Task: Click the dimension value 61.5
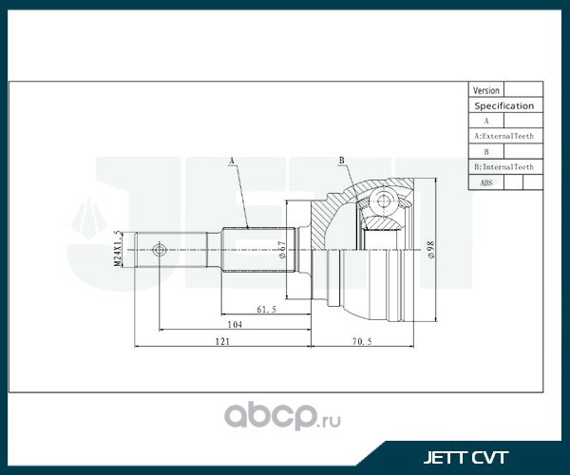point(266,309)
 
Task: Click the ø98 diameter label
point(431,251)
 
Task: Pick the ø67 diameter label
point(283,250)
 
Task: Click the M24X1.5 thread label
point(119,250)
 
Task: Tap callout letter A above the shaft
point(231,162)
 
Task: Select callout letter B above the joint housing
point(340,162)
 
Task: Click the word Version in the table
point(486,90)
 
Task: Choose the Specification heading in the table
point(504,105)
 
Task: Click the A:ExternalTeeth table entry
point(504,136)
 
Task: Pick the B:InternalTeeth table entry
point(504,166)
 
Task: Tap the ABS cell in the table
point(486,181)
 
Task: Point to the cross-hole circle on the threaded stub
point(159,251)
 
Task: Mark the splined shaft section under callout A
point(255,250)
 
